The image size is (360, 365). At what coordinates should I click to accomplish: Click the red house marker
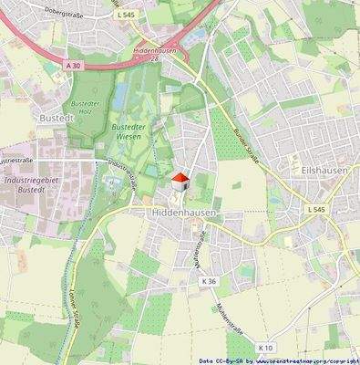tap(180, 179)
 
